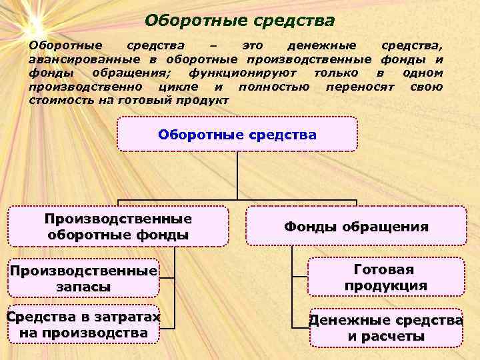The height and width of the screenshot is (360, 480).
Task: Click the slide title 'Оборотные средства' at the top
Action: pos(239,21)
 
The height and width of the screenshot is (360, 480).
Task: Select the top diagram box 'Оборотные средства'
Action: pos(237,134)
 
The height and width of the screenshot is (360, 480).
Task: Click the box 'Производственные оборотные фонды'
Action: pos(118,227)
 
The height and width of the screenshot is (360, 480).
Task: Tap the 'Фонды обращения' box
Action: pos(356,227)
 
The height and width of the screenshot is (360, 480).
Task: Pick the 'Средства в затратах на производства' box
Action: pos(83,324)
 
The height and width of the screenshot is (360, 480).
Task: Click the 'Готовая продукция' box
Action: pos(385,277)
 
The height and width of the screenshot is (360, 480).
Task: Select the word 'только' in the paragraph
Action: pos(335,73)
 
